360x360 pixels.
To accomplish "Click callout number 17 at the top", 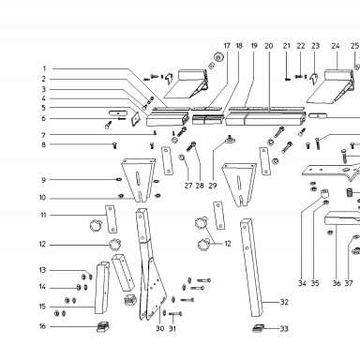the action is coord(227,46).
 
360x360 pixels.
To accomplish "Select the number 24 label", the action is coord(336,46).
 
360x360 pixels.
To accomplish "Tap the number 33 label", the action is coord(284,328).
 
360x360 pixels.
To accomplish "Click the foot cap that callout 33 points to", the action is coord(258,328).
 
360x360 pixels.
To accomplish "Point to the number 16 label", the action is coord(42,326).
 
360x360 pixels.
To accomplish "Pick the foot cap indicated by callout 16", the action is coord(103,327).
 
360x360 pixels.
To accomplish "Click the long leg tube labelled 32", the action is coord(252,267).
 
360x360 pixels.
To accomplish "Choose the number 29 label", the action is coord(213,186).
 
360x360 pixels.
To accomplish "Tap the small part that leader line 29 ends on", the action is coord(231,139).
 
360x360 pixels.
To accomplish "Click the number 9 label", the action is coord(43,180).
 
